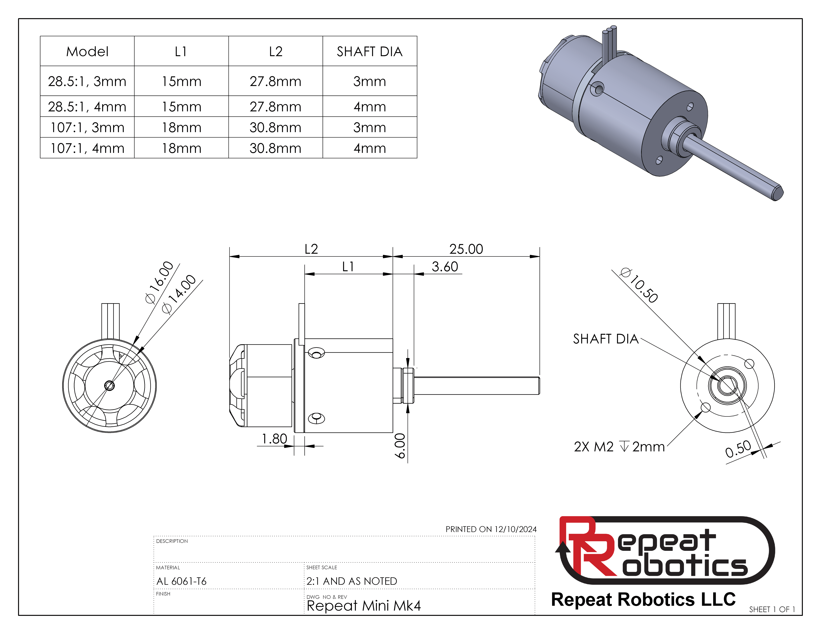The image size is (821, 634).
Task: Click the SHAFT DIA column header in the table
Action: [x=370, y=51]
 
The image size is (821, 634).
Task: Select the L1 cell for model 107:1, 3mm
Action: [x=182, y=127]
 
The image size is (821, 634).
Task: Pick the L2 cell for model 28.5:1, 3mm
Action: [x=276, y=81]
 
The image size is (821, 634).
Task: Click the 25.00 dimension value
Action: [x=466, y=249]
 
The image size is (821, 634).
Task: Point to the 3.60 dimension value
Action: [x=445, y=267]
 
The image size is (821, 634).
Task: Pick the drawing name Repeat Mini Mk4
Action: [x=363, y=605]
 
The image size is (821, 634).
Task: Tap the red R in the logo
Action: [x=586, y=548]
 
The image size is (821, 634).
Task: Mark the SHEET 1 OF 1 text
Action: [x=772, y=609]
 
